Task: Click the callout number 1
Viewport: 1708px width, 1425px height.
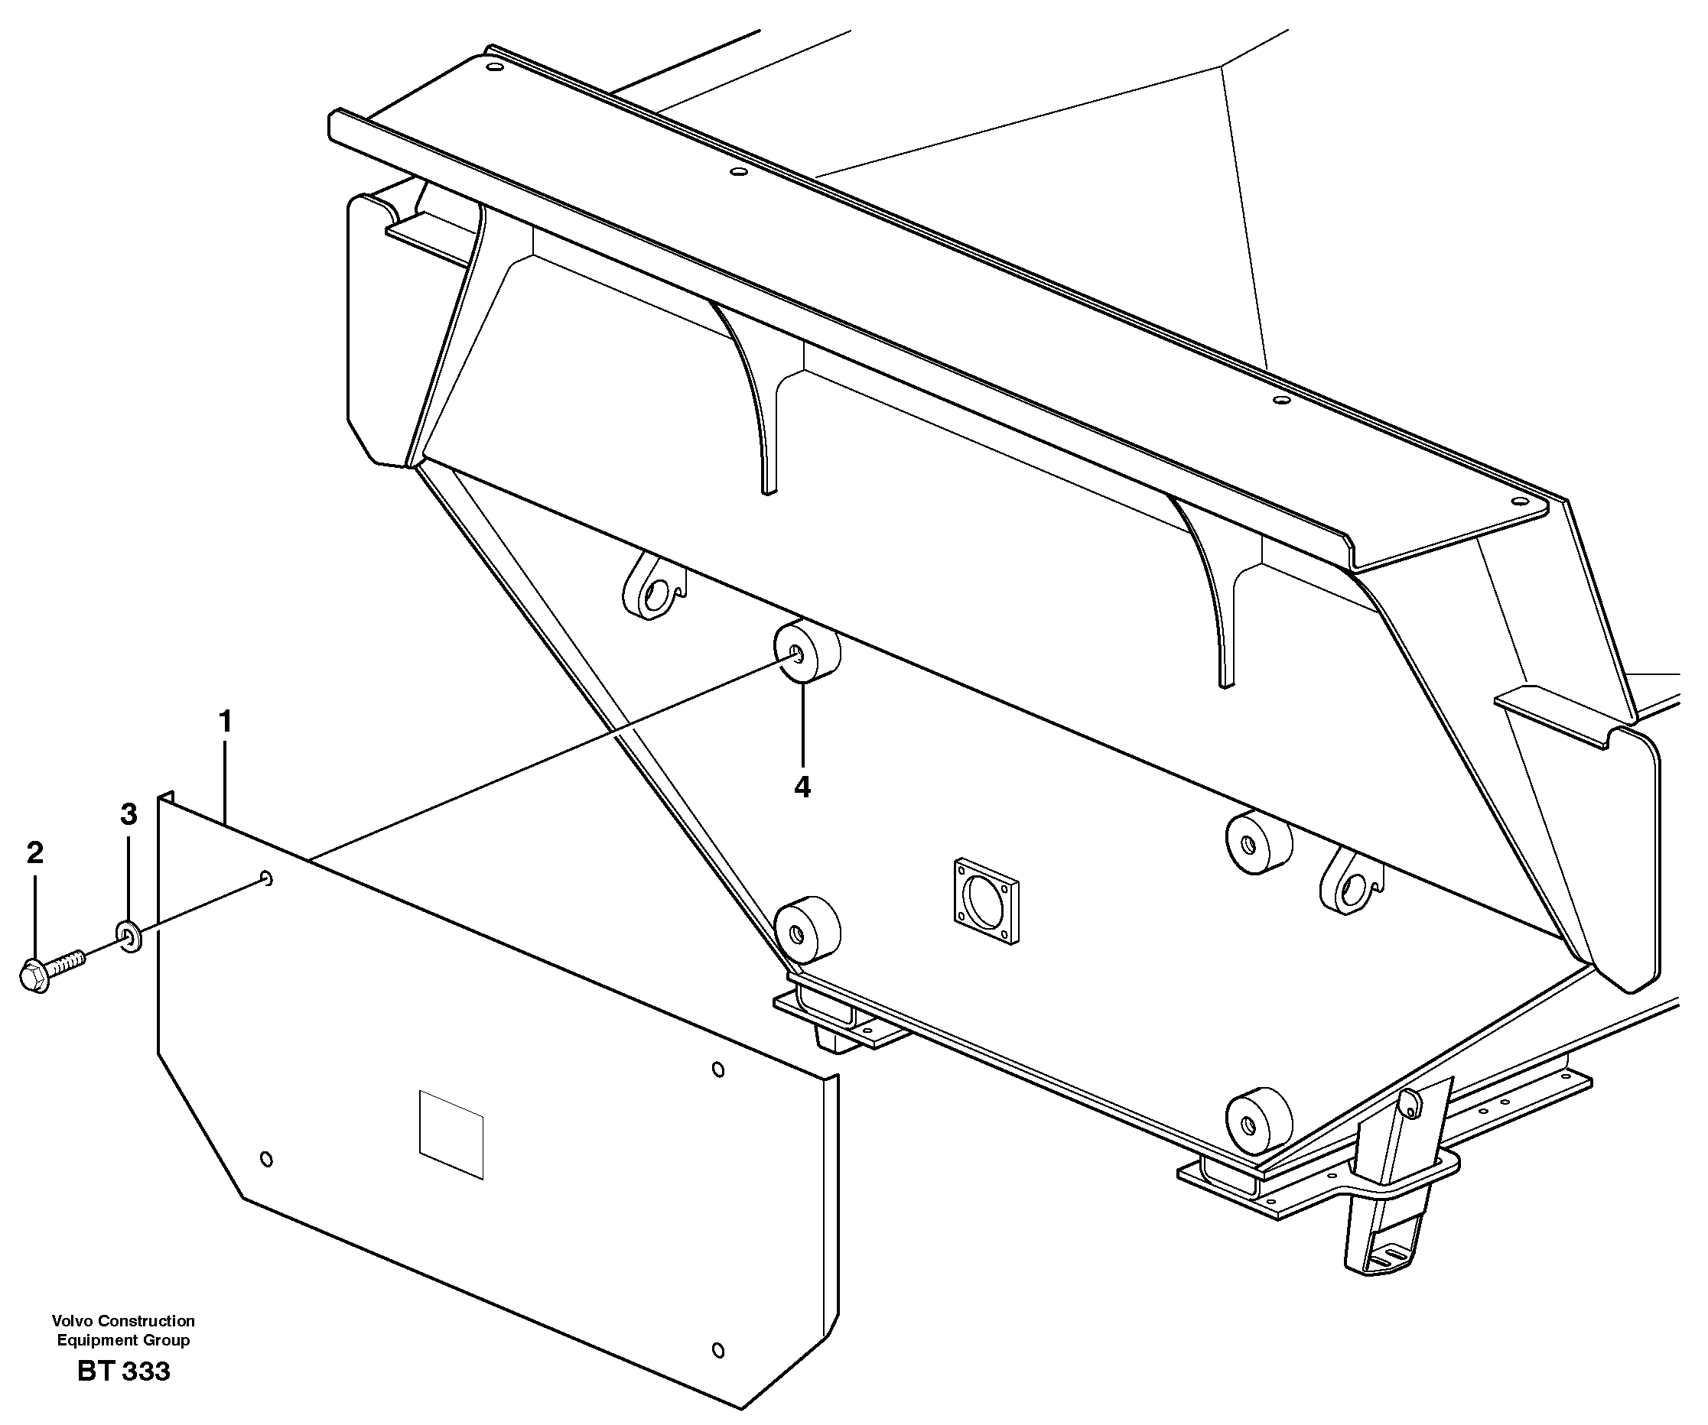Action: pyautogui.click(x=226, y=721)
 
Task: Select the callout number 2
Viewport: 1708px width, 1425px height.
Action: pyautogui.click(x=34, y=852)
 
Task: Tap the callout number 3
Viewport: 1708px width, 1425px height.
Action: pyautogui.click(x=129, y=813)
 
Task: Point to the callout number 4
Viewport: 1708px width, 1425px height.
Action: pyautogui.click(x=802, y=787)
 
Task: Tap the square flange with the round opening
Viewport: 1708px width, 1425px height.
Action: pyautogui.click(x=985, y=901)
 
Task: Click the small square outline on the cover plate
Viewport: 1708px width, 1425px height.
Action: pyautogui.click(x=451, y=1133)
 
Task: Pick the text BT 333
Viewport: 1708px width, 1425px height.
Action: pyautogui.click(x=124, y=1371)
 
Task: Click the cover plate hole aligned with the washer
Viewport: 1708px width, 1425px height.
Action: pyautogui.click(x=266, y=878)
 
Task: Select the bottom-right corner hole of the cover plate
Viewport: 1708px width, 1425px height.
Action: pyautogui.click(x=717, y=1350)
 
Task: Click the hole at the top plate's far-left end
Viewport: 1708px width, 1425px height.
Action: pyautogui.click(x=491, y=67)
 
